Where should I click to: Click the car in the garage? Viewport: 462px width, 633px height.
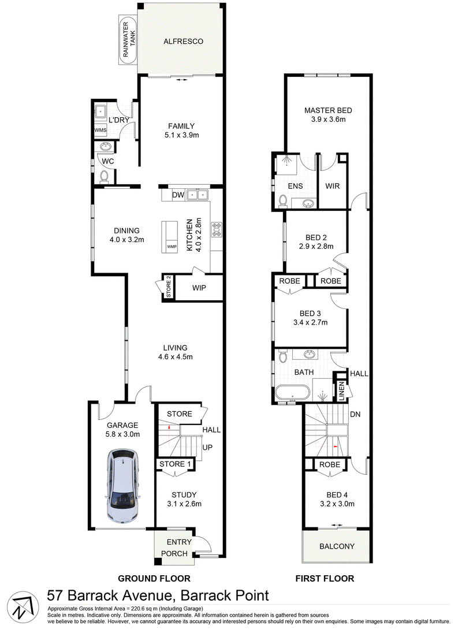coord(122,487)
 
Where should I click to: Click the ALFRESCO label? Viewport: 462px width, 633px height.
coord(183,41)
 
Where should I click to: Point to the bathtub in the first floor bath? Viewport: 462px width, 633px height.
coord(293,392)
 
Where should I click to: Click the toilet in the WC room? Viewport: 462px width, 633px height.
coord(104,176)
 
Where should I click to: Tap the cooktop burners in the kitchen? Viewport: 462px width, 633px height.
coord(217,229)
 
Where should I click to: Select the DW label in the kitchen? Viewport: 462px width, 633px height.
coord(178,195)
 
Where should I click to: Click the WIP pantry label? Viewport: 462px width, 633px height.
coord(199,288)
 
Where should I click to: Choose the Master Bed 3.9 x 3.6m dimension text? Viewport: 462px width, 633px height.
coord(328,120)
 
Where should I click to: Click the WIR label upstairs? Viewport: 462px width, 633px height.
coord(333,186)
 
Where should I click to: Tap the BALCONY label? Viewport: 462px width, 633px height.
coord(337,546)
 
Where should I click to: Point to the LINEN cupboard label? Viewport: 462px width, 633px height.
coord(342,391)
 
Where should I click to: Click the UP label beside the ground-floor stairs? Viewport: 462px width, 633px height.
coord(207,447)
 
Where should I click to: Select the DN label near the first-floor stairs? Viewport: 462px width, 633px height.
coord(355,415)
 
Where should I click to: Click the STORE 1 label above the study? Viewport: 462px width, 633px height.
coord(175,464)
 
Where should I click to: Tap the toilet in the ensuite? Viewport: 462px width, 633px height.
coord(283,201)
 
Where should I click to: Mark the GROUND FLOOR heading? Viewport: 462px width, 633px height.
coord(154,579)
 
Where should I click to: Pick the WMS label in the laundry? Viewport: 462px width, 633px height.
coord(100,130)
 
